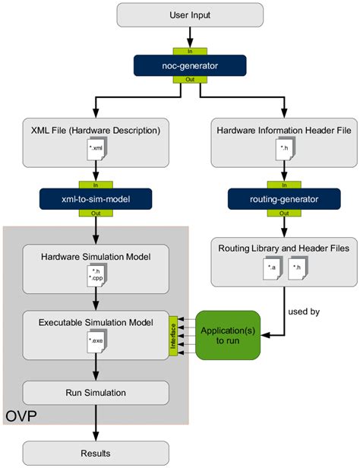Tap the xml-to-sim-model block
(x=92, y=198)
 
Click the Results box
(x=96, y=454)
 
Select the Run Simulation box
(x=96, y=392)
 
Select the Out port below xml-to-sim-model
(x=92, y=213)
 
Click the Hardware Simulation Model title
(x=96, y=257)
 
